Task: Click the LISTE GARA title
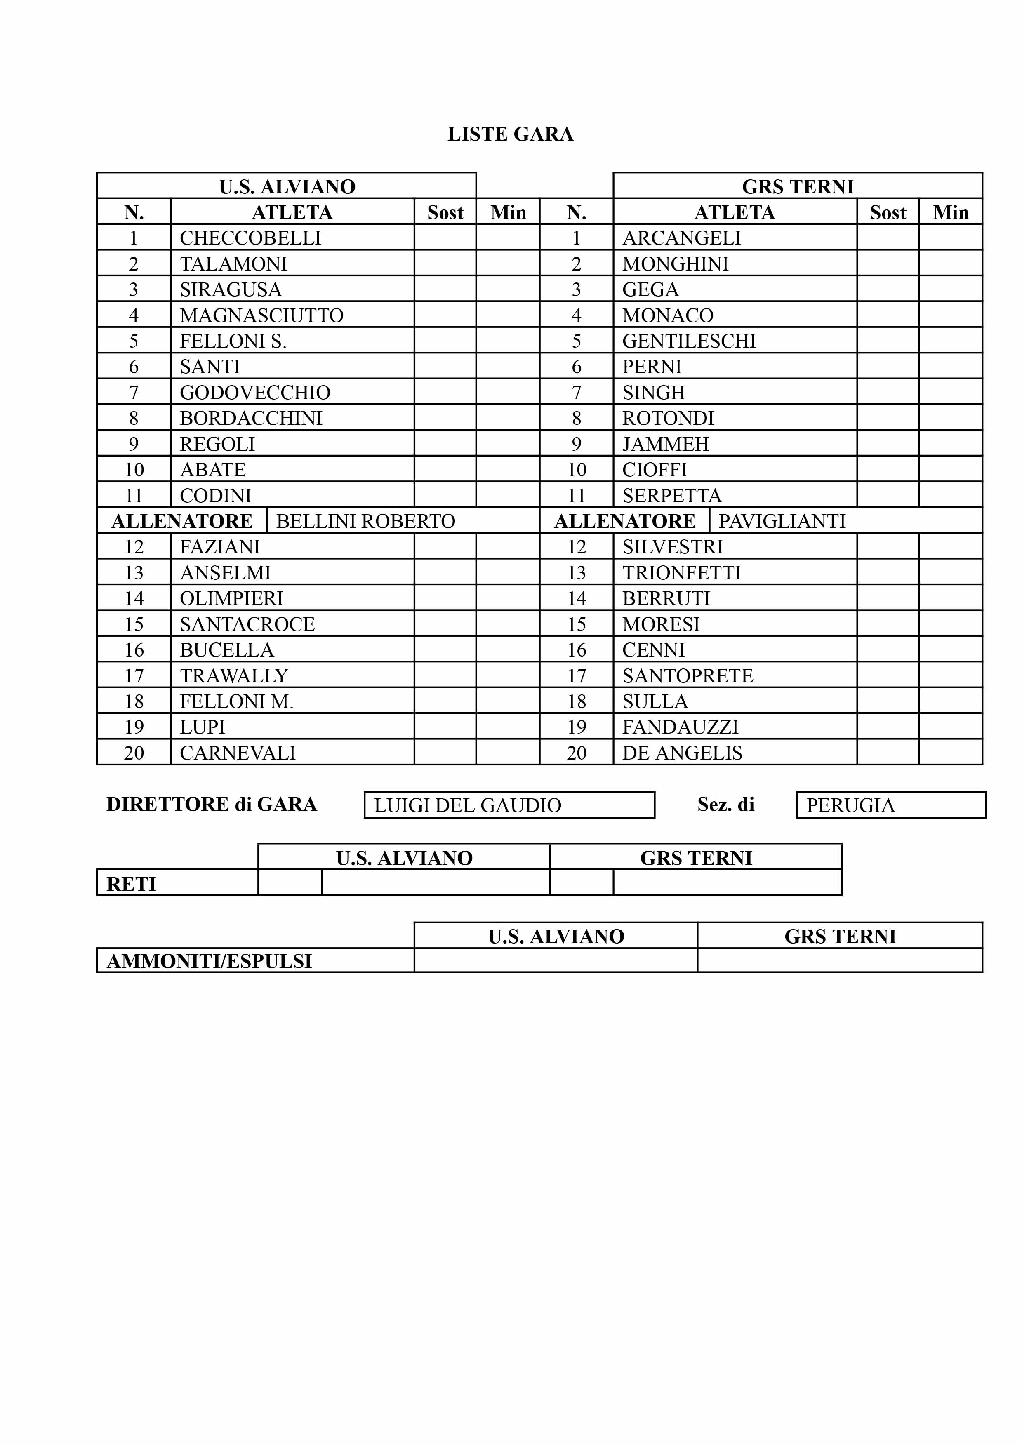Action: click(x=510, y=134)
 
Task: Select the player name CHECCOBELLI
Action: click(x=250, y=238)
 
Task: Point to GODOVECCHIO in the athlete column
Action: click(x=255, y=393)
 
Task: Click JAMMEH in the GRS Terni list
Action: click(x=665, y=444)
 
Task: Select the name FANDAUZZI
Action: click(x=680, y=727)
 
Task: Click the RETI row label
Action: click(x=131, y=884)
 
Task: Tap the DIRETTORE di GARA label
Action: click(x=212, y=804)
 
